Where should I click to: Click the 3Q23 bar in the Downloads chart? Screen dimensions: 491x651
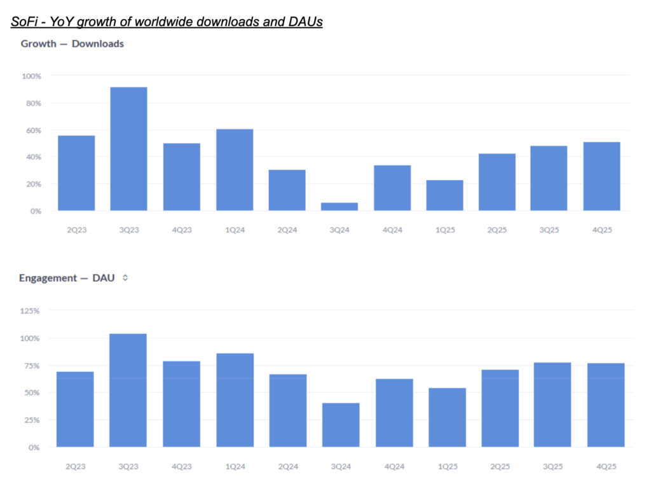coord(128,149)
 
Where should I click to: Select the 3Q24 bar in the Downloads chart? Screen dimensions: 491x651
coord(339,206)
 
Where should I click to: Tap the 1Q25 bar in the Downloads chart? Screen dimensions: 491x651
coord(444,195)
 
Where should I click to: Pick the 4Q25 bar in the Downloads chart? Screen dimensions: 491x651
coord(601,176)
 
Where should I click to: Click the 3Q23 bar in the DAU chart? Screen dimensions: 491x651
coord(128,390)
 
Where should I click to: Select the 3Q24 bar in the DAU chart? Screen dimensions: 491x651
coord(341,424)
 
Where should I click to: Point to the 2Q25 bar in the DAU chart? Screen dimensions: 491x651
coord(500,408)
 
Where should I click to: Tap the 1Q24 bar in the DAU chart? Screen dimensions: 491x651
coord(235,399)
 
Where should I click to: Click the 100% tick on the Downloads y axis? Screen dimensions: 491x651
coord(31,76)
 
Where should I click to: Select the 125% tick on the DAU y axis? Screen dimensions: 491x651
coord(30,311)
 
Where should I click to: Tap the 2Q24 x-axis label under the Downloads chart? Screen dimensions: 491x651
coord(287,230)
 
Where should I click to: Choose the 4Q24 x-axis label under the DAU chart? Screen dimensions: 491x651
coord(394,466)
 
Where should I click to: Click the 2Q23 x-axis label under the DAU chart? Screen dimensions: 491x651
coord(76,466)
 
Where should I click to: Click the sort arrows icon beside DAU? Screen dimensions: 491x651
coord(125,278)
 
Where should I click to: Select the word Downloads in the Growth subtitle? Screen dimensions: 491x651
coord(97,44)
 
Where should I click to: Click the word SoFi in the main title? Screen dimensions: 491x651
coord(22,22)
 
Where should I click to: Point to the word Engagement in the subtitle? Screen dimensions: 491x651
coord(46,278)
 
